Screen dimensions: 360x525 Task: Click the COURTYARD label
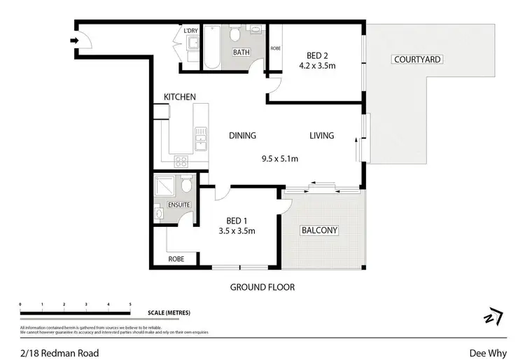click(417, 60)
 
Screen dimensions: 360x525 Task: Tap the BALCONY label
click(319, 230)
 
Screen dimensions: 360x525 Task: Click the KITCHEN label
click(180, 97)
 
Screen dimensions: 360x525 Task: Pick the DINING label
click(242, 136)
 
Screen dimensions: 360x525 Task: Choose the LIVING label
click(322, 136)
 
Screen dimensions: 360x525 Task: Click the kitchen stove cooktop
click(181, 160)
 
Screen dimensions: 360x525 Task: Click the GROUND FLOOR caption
click(262, 287)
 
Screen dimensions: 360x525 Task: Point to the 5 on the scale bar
click(130, 304)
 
